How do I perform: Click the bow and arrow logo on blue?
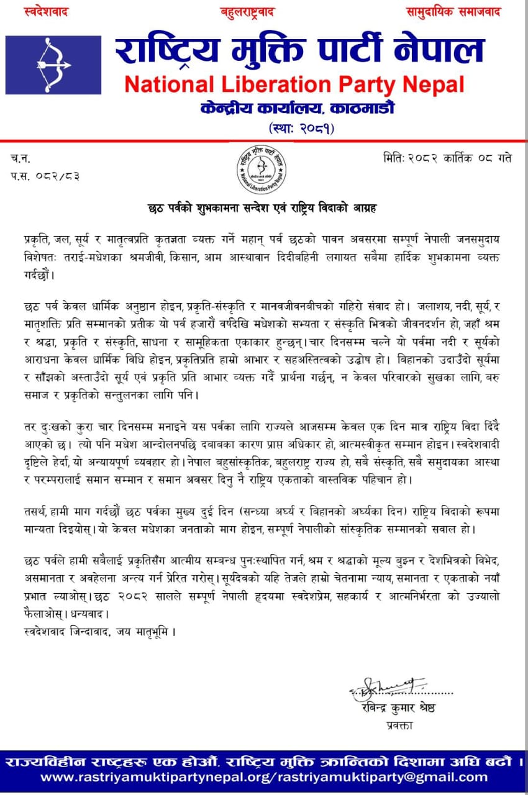pyautogui.click(x=53, y=65)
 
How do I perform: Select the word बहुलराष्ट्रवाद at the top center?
pyautogui.click(x=247, y=12)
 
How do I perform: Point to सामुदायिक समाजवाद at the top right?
pyautogui.click(x=453, y=12)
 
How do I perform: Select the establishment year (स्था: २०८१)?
pyautogui.click(x=302, y=129)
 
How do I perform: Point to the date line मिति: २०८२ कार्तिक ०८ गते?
pyautogui.click(x=447, y=158)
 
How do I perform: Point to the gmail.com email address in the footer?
pyautogui.click(x=382, y=777)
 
